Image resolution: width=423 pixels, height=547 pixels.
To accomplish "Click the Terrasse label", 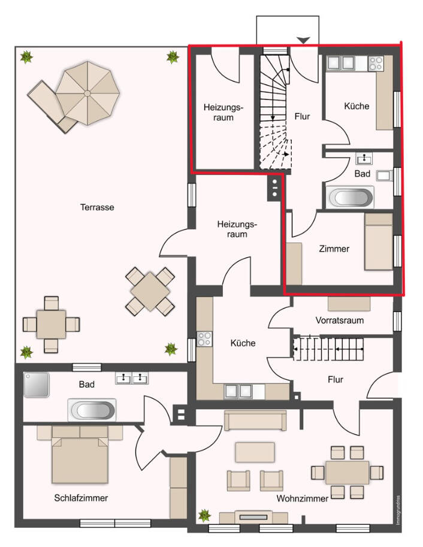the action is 97,207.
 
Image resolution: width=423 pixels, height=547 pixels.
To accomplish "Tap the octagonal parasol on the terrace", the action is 87,93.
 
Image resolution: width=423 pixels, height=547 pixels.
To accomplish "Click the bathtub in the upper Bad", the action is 350,198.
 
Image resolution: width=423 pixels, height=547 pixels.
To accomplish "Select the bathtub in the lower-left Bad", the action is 92,410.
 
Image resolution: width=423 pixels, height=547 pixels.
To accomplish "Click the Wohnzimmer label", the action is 302,498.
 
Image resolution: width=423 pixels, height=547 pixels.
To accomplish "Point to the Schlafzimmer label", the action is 81,498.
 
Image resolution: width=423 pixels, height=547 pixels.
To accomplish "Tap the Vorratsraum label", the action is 340,321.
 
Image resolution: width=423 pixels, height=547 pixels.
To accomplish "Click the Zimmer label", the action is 334,249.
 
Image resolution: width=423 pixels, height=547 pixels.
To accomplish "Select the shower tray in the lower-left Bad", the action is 37,385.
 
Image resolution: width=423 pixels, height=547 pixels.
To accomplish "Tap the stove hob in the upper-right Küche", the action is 376,64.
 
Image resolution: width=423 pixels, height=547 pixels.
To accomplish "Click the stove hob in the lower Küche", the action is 204,339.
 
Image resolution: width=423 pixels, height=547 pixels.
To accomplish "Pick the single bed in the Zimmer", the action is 379,242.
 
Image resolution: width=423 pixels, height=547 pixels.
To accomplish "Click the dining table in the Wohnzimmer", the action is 348,472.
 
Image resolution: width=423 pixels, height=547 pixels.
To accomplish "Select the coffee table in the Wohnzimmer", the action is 255,452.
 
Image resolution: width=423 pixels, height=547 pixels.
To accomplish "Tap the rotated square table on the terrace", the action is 150,291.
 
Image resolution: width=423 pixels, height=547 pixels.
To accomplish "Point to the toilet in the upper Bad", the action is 385,176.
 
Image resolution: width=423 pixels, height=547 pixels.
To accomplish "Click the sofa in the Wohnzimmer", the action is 255,421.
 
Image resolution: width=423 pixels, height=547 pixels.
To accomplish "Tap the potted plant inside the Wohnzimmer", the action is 204,515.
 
